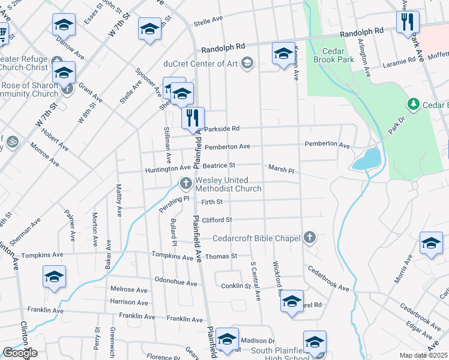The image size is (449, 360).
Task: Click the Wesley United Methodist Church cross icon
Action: pos(186,182)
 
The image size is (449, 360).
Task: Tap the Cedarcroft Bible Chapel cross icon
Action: pos(310,238)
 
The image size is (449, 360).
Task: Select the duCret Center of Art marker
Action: pos(247,62)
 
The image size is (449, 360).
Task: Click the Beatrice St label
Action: pos(218,165)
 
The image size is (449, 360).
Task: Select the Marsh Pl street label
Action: pos(281,170)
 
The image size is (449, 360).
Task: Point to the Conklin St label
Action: pos(236,286)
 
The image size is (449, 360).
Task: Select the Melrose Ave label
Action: pos(128,289)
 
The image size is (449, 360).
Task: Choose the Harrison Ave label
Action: pos(129,302)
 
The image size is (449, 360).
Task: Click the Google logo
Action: pos(20,353)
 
